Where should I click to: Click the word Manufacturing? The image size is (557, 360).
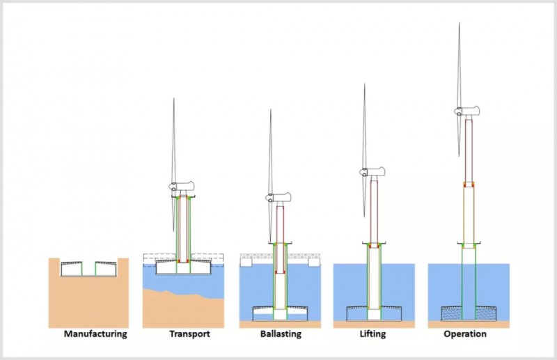[95, 334]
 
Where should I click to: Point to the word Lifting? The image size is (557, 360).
[373, 334]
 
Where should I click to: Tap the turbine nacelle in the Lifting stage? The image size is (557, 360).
[374, 171]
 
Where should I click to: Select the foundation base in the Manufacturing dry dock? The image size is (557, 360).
[89, 269]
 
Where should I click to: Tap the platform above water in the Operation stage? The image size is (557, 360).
[469, 244]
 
